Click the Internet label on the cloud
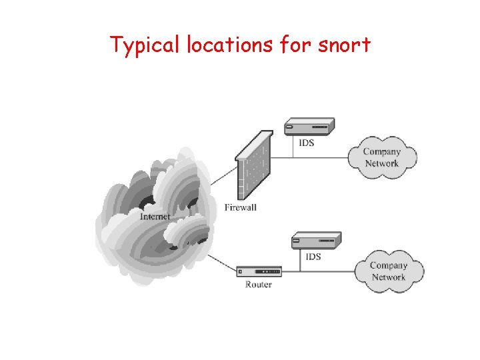[155, 216]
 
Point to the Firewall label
[240, 207]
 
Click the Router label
[258, 285]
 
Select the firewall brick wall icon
[255, 163]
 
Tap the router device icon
[259, 271]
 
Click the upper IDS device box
[309, 126]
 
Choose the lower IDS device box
[316, 240]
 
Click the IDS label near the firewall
[306, 143]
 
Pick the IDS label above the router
[313, 257]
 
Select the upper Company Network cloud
[382, 157]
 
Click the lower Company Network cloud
[389, 271]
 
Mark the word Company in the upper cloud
[382, 151]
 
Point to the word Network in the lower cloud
[389, 277]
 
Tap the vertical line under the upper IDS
[293, 147]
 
